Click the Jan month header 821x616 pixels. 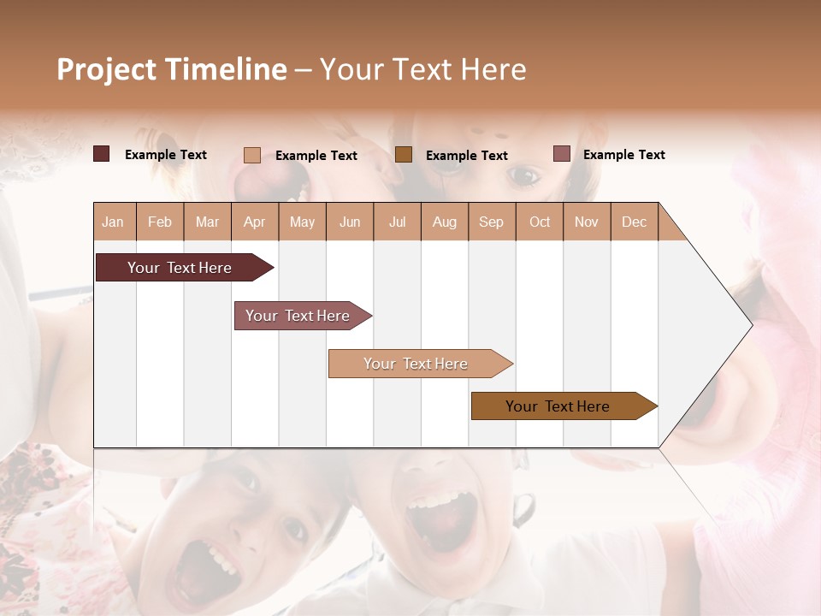(114, 222)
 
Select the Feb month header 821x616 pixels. (160, 222)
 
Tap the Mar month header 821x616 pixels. (207, 222)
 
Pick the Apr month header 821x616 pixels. (255, 222)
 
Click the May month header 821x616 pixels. (302, 222)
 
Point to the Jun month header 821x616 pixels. (350, 222)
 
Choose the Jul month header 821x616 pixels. (397, 222)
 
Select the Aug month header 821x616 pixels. (445, 222)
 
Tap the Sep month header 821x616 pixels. (492, 222)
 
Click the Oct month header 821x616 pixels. (540, 222)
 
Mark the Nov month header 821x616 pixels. (587, 222)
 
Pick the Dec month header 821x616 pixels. (634, 222)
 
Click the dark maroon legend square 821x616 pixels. (102, 154)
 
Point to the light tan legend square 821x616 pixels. (252, 155)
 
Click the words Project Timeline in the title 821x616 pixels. (172, 69)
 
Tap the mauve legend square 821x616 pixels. (561, 154)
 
